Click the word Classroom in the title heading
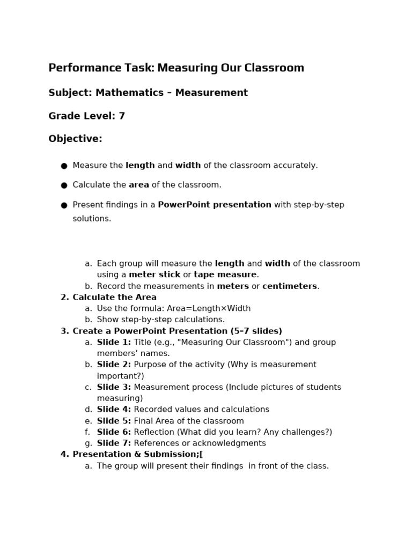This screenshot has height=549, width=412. pos(274,68)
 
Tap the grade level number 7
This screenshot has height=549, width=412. pos(122,116)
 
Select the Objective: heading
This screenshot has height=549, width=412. pos(75,139)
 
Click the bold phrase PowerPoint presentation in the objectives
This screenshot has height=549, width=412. pos(215,205)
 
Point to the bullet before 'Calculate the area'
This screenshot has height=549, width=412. pos(64,186)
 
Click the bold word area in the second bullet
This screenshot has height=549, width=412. pos(139,185)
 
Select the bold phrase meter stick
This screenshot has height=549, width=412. pos(154,275)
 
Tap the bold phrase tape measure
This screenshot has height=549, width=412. pos(225,275)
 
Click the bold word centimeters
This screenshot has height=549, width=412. pos(290,286)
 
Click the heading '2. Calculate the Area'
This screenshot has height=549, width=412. pos(109,298)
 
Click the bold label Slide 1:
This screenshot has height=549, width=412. pos(114,343)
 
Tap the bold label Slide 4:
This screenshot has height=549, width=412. pos(114,410)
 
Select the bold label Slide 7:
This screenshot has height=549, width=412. pos(114,443)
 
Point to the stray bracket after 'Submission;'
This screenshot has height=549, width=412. pos(201,455)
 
